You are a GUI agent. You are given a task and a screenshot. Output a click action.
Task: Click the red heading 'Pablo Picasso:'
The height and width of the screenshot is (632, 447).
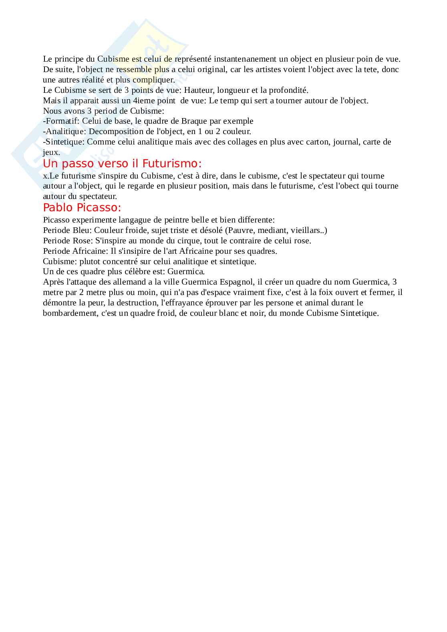pos(82,207)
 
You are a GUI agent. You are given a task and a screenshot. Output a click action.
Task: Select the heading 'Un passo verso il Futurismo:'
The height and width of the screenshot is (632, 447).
pos(122,163)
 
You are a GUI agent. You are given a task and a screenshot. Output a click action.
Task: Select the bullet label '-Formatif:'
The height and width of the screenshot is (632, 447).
pos(61,121)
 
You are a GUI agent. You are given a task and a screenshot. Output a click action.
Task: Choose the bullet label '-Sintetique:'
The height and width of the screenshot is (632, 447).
pos(64,142)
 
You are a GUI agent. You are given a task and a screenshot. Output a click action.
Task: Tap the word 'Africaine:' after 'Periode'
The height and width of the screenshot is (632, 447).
pos(90,251)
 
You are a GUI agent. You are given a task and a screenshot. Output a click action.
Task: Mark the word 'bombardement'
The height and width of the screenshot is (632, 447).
pos(70,313)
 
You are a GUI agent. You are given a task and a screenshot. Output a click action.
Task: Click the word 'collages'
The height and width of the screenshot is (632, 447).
pos(242,142)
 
